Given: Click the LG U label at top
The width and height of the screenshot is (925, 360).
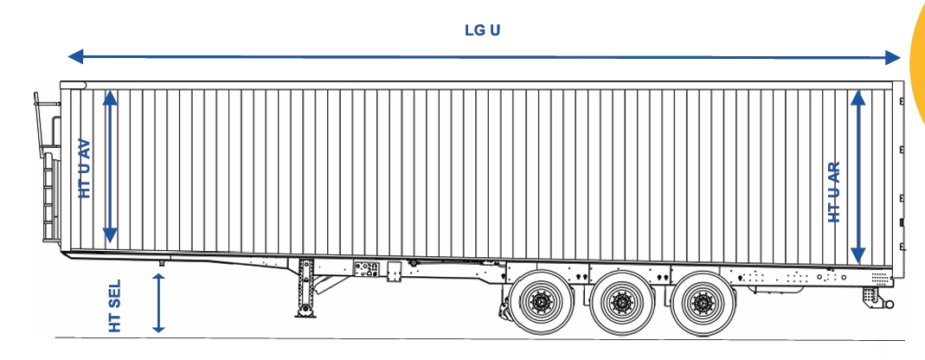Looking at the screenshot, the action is tap(483, 30).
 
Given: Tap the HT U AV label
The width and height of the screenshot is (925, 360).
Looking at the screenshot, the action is tap(85, 168).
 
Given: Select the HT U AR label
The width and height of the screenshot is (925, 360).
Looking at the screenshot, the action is tap(834, 192).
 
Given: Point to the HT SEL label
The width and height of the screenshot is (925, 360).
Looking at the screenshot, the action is tap(115, 305).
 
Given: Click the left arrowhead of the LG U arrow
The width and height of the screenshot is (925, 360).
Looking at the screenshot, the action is tap(75, 56).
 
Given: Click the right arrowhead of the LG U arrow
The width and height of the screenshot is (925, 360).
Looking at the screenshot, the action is tap(893, 57).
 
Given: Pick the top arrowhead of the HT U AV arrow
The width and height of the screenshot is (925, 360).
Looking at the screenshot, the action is tap(110, 98).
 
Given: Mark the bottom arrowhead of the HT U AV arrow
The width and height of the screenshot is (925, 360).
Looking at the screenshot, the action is tap(110, 235).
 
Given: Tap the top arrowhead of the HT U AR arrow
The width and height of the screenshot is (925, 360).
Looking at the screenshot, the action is tap(858, 98).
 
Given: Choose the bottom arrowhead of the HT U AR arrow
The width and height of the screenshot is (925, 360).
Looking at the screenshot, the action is tap(858, 255).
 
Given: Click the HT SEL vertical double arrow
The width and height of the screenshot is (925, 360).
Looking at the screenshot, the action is tap(158, 304).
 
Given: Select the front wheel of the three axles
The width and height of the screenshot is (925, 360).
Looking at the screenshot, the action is tap(541, 303).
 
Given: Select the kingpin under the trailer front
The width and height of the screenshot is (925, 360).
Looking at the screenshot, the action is tap(161, 261).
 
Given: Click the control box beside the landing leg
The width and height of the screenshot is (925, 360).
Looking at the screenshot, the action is tap(366, 269).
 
